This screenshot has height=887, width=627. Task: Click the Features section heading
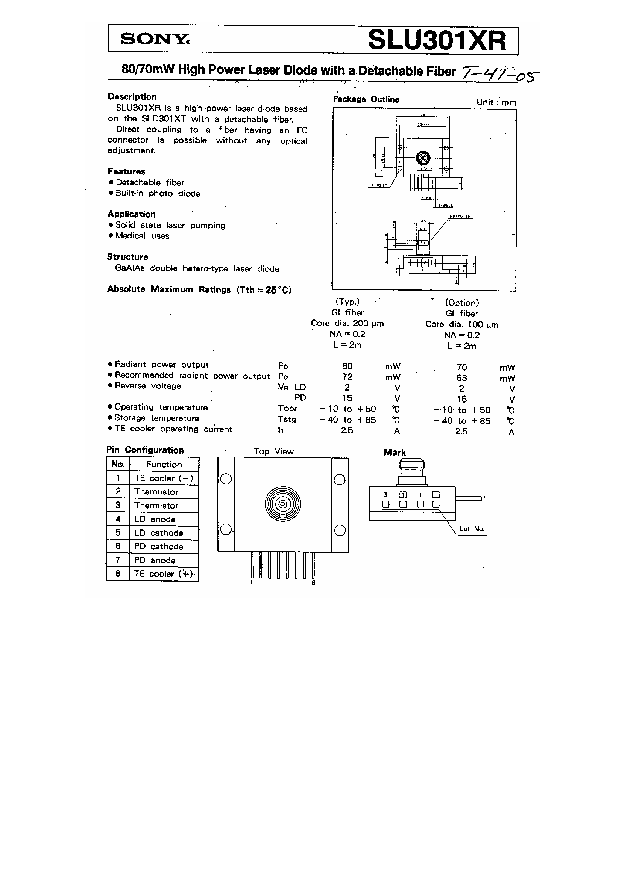(127, 171)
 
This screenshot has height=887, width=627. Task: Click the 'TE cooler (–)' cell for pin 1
(164, 478)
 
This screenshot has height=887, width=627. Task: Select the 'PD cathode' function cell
(158, 546)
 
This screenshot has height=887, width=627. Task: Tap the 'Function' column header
(164, 464)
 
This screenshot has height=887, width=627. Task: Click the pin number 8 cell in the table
(117, 574)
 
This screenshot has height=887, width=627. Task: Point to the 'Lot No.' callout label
(472, 529)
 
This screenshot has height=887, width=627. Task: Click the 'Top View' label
(273, 451)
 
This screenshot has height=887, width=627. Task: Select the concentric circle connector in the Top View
(283, 504)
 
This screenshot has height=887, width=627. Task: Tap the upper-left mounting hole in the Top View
(226, 479)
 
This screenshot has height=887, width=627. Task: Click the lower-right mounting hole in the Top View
(339, 531)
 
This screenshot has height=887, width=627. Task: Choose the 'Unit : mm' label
(496, 102)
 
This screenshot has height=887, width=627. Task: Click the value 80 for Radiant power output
(347, 366)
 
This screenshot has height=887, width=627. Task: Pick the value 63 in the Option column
(462, 378)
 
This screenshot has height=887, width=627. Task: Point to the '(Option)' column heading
(462, 303)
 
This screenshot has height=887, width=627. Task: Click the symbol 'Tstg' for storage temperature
(287, 420)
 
